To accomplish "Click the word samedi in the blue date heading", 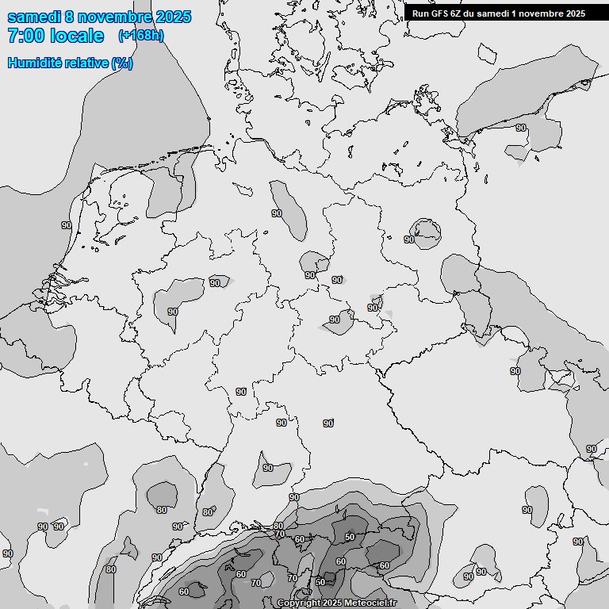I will (x=35, y=17).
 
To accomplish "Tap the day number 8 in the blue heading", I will (x=72, y=17).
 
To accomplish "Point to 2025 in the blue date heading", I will (x=174, y=17).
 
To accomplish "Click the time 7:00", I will (x=28, y=36).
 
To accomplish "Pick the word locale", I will (x=79, y=36).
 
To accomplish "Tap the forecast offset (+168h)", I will (x=141, y=35).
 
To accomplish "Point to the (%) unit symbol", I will (x=122, y=63).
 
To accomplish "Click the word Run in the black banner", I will (x=420, y=13).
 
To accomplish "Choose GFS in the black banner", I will (x=439, y=13).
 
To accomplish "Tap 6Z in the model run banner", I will (x=457, y=13).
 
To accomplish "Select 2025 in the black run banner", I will (x=575, y=13).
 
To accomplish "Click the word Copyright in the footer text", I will (x=298, y=603).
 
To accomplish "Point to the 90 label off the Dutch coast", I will (x=67, y=225).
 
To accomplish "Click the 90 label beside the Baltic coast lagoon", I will (x=521, y=128).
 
